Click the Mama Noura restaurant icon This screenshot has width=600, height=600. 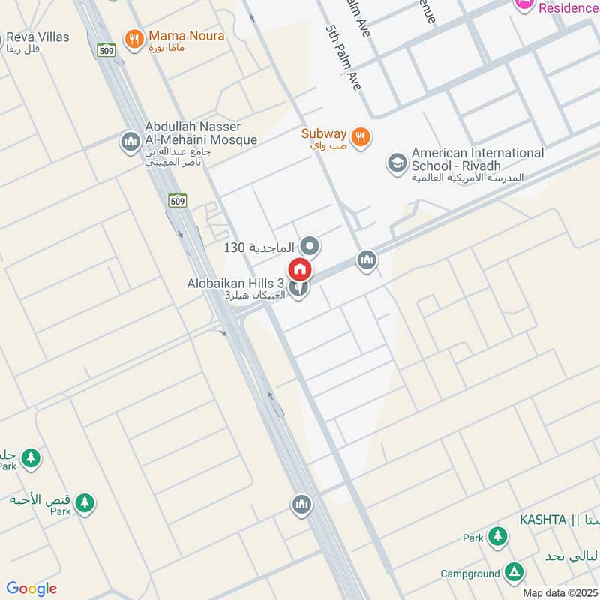tap(134, 39)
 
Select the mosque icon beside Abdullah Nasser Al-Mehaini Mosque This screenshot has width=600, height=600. tap(130, 141)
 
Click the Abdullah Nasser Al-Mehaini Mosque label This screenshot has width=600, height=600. tap(200, 133)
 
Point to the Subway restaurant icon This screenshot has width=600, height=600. tap(361, 136)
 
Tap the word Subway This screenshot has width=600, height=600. tap(324, 134)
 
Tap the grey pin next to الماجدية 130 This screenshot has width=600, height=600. tap(310, 246)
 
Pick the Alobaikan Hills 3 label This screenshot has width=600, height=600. tap(235, 283)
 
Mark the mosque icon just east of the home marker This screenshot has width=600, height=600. tap(367, 260)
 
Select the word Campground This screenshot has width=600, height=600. tap(470, 574)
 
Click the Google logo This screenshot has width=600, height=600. tap(31, 589)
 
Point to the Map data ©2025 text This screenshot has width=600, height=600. tap(559, 593)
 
